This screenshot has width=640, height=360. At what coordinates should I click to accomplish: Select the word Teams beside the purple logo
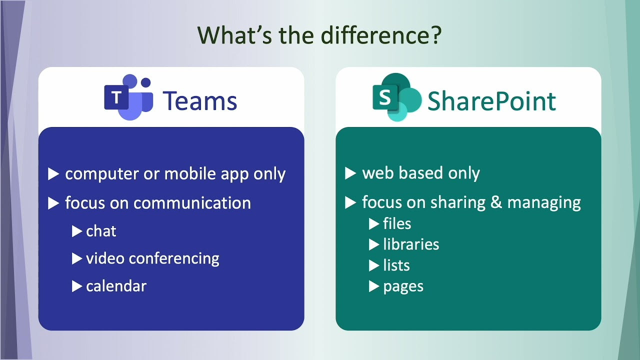pyautogui.click(x=199, y=100)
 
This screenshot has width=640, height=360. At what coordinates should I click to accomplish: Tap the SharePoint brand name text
pyautogui.click(x=491, y=100)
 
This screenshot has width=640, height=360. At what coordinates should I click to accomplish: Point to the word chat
pyautogui.click(x=101, y=231)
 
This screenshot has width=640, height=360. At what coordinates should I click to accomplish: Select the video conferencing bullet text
pyautogui.click(x=152, y=258)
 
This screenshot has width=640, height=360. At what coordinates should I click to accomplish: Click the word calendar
pyautogui.click(x=116, y=286)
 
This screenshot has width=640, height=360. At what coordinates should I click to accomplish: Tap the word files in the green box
pyautogui.click(x=397, y=223)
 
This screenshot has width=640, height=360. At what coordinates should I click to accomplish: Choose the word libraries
pyautogui.click(x=411, y=244)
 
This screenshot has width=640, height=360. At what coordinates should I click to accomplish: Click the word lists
pyautogui.click(x=396, y=265)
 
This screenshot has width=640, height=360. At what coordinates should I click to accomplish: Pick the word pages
pyautogui.click(x=403, y=287)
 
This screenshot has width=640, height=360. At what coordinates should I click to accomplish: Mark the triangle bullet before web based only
pyautogui.click(x=350, y=173)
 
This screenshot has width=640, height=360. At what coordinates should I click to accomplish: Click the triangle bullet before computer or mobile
pyautogui.click(x=53, y=174)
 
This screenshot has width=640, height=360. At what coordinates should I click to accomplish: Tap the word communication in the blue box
pyautogui.click(x=192, y=203)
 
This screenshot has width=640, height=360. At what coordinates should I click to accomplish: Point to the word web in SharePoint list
pyautogui.click(x=374, y=173)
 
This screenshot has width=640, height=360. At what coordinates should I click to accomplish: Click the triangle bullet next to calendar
pyautogui.click(x=77, y=286)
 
